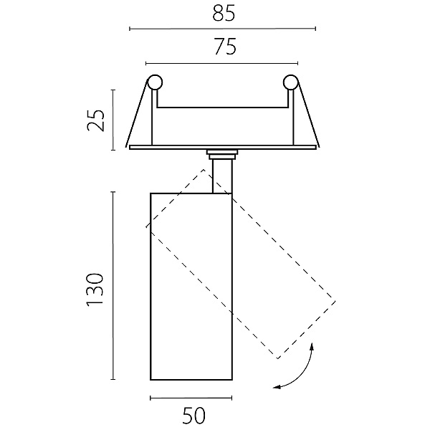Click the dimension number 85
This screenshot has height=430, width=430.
[x=224, y=13]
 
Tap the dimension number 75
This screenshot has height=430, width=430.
[x=225, y=47]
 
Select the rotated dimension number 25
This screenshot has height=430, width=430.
[x=96, y=120]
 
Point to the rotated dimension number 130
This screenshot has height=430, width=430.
[x=95, y=290]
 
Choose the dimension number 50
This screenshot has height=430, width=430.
[x=194, y=415]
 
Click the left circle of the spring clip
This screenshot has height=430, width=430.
[x=155, y=82]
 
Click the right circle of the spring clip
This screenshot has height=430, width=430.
[x=291, y=82]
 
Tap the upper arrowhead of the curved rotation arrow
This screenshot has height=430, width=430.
[x=312, y=346]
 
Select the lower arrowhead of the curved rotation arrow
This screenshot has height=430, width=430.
[x=277, y=387]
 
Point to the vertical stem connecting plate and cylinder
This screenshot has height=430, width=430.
[x=222, y=176]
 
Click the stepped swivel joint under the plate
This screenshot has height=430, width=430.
[x=222, y=154]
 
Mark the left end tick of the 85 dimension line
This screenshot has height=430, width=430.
[x=130, y=29]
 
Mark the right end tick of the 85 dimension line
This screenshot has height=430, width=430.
[x=315, y=29]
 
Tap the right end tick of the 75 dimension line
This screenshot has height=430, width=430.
[x=297, y=64]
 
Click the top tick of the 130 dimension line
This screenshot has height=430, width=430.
[x=113, y=192]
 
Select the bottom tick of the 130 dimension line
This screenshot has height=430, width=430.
[x=113, y=379]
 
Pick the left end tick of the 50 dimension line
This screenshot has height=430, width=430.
[x=150, y=398]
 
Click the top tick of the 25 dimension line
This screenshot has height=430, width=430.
[x=113, y=90]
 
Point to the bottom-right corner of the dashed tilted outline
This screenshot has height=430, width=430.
[x=277, y=358]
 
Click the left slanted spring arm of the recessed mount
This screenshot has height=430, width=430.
[x=137, y=114]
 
